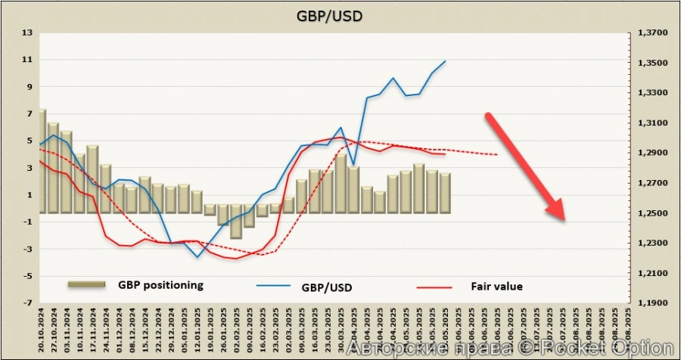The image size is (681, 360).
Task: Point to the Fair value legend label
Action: click(x=496, y=286)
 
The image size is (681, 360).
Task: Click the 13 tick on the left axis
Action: click(x=29, y=33)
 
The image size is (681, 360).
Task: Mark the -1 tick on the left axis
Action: click(x=27, y=222)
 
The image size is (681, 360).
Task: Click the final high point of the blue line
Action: click(x=445, y=61)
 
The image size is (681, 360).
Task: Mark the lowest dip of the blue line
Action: click(x=198, y=257)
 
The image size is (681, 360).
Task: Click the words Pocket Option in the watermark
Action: click(x=621, y=347)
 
